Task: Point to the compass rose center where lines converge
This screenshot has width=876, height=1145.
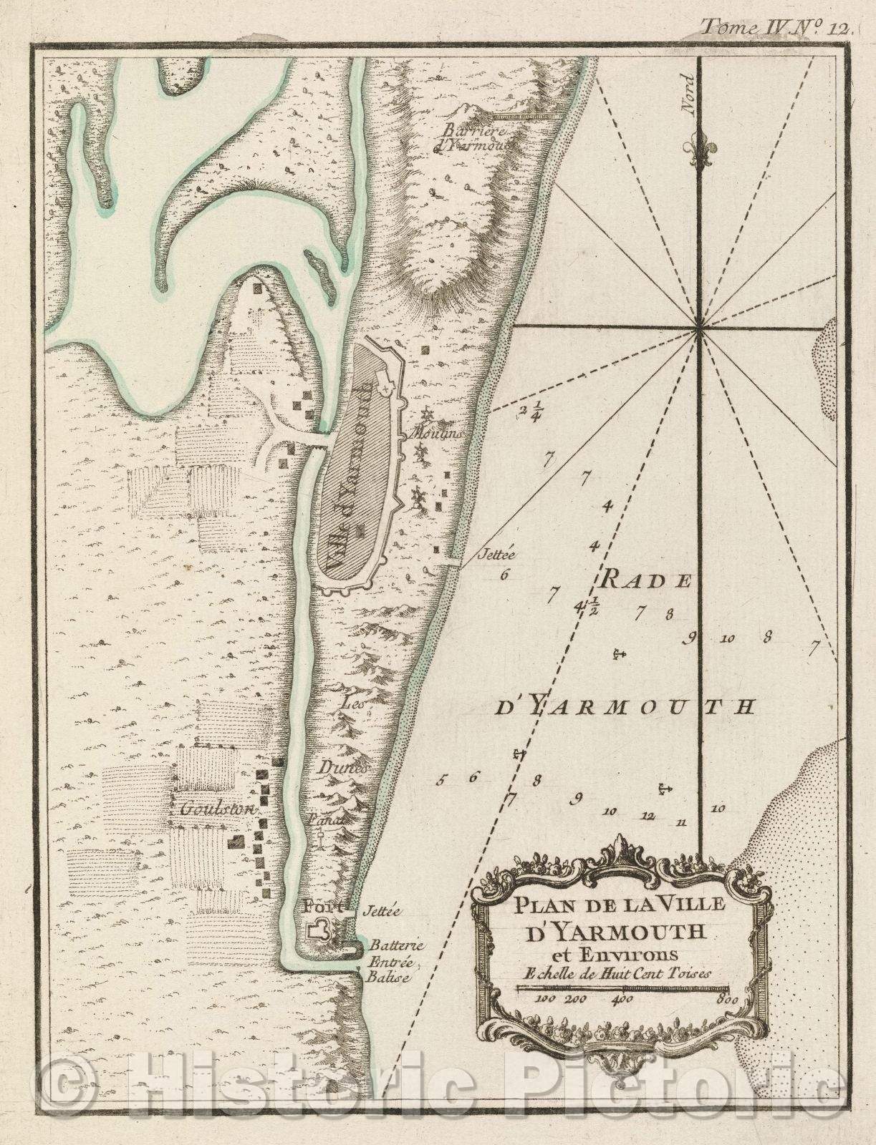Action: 698,328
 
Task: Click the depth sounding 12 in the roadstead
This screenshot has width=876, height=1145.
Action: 649,814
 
